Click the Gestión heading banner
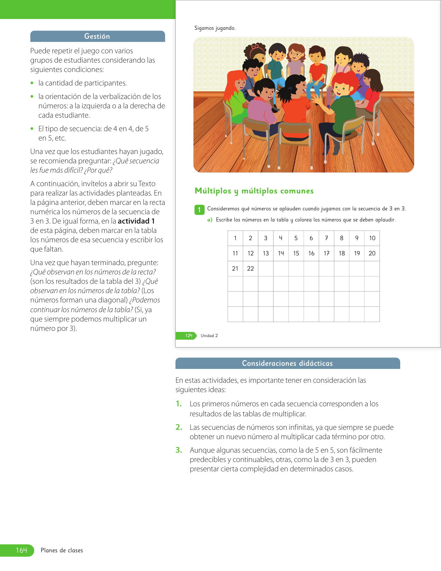(x=97, y=36)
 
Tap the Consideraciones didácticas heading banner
(x=287, y=363)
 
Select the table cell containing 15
(x=296, y=253)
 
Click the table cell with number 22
(x=250, y=269)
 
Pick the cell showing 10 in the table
(x=372, y=238)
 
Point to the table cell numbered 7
(x=327, y=238)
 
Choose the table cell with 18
(x=342, y=253)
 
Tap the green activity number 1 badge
(x=199, y=209)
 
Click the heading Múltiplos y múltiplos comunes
(x=254, y=191)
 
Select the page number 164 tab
(x=21, y=550)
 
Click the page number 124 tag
(x=188, y=336)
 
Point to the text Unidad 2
(x=209, y=336)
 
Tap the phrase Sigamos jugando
(x=215, y=28)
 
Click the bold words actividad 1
(x=136, y=221)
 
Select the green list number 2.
(x=179, y=427)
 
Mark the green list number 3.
(x=179, y=450)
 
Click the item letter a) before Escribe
(x=210, y=220)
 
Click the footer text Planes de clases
(x=62, y=550)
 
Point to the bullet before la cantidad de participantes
(x=32, y=83)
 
